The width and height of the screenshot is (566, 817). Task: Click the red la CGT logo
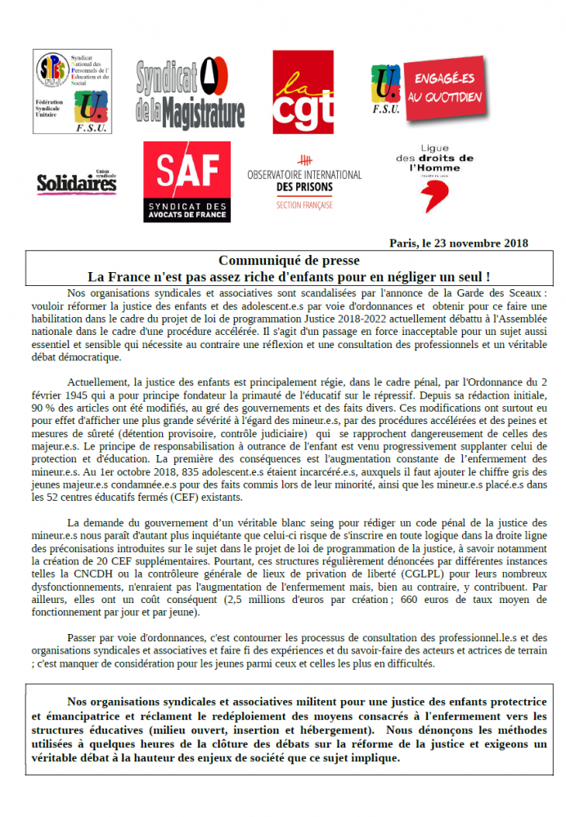click(x=303, y=92)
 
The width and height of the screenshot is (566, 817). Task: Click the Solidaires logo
click(x=76, y=182)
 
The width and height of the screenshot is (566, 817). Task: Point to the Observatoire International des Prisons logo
click(x=304, y=181)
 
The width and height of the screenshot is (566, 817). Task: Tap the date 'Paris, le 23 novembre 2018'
click(x=459, y=243)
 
